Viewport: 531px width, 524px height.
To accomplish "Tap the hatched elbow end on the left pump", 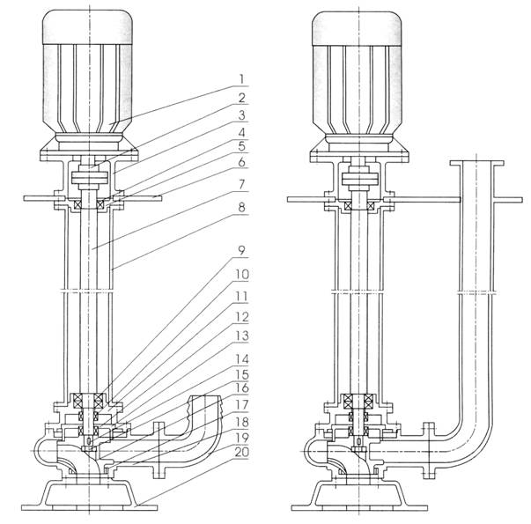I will tap(205, 407).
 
